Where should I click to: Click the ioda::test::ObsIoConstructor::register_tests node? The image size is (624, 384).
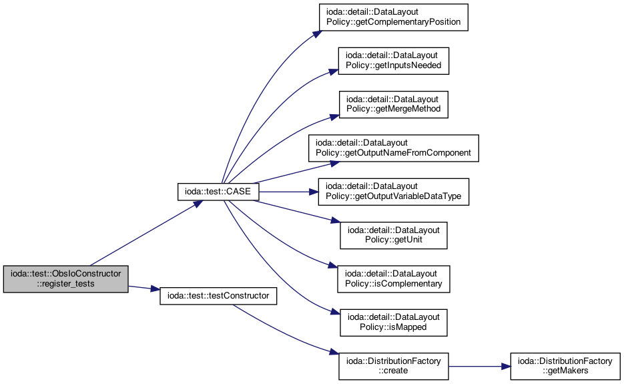pos(65,279)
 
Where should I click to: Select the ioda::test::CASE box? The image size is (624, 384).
pos(218,192)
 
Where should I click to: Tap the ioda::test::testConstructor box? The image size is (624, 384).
pos(218,296)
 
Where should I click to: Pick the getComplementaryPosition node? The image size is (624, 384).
pos(393,17)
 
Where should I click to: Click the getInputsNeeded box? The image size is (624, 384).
pos(393,61)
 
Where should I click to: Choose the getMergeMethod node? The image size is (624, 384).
pos(393,104)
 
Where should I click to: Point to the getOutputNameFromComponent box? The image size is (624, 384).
pos(393,148)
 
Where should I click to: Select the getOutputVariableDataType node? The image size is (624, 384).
pos(393,192)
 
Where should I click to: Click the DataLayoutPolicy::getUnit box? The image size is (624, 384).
pos(393,235)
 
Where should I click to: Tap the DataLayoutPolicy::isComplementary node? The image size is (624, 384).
pos(393,279)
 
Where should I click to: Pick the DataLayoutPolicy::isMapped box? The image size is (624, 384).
pos(393,323)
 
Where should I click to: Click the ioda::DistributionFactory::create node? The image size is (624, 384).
pos(393,366)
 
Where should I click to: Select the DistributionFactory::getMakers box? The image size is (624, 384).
pos(565,366)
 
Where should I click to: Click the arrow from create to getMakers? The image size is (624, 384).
pos(480,367)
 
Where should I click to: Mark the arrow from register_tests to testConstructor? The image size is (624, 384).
pos(144,288)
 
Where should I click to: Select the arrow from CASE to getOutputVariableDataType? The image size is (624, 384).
pos(288,192)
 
